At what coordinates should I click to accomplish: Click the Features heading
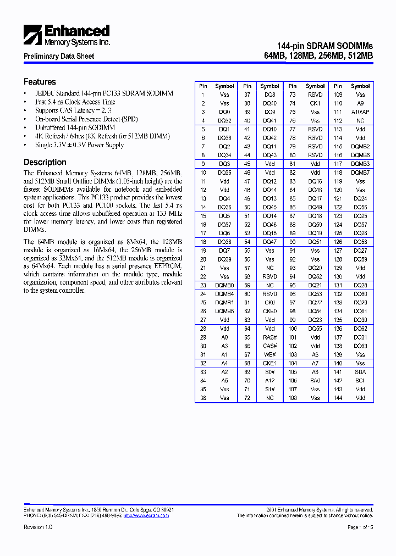(x=40, y=81)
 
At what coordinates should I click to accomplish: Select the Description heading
(x=45, y=162)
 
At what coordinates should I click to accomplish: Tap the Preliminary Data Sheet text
(x=59, y=56)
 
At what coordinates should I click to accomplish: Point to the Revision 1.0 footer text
(x=38, y=527)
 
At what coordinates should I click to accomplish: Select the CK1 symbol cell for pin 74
(x=315, y=103)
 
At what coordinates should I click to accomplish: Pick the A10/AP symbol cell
(x=360, y=112)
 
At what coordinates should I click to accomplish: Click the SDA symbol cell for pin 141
(x=360, y=372)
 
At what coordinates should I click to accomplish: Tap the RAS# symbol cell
(x=269, y=337)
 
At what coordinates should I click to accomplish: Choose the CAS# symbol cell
(x=269, y=346)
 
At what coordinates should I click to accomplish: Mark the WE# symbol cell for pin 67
(x=269, y=354)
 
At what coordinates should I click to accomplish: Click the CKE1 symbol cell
(x=269, y=363)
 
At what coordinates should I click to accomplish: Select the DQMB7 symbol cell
(x=360, y=173)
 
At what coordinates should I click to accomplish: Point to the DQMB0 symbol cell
(x=224, y=285)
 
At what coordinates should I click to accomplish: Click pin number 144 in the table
(x=338, y=398)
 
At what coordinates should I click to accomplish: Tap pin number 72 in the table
(x=248, y=398)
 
